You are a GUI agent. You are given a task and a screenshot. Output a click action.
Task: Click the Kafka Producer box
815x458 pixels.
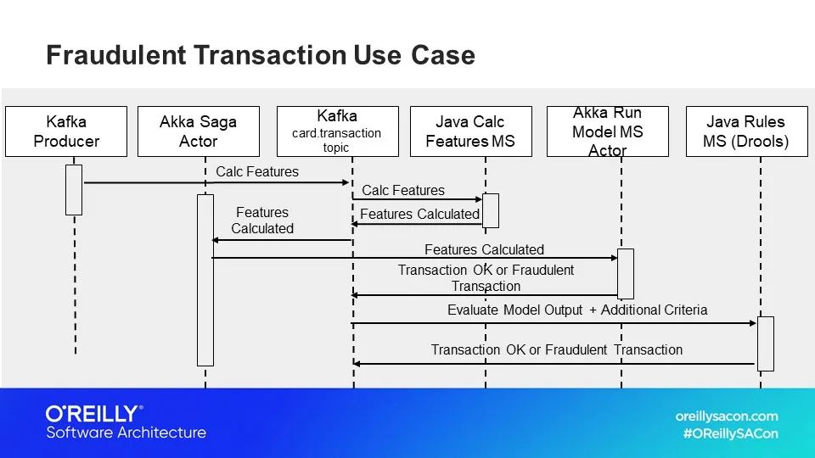click(66, 131)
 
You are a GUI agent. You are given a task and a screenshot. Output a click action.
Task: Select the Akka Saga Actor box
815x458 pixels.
click(199, 131)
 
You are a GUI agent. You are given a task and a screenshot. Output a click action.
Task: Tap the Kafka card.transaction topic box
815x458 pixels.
click(337, 131)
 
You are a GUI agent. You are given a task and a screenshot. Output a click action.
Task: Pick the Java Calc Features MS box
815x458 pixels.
click(470, 131)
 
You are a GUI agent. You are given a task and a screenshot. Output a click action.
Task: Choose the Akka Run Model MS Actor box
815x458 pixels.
click(607, 131)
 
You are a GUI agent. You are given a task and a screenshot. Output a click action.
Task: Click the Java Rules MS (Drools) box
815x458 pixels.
click(745, 131)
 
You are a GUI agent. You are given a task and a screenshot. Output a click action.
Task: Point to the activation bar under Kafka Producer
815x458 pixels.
click(74, 189)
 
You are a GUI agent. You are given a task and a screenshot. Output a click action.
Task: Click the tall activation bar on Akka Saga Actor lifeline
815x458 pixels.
click(205, 280)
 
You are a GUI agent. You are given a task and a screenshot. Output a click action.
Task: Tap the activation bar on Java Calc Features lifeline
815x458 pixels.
click(491, 210)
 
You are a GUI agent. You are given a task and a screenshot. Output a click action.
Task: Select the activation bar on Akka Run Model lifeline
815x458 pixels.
click(626, 273)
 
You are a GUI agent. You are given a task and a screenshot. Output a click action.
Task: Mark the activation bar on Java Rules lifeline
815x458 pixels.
click(765, 343)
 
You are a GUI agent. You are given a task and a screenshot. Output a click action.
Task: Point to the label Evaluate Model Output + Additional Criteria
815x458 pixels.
click(576, 310)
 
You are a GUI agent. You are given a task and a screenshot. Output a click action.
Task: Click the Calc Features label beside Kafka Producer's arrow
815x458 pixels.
click(257, 172)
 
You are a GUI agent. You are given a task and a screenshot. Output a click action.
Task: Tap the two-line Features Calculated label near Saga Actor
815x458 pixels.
click(262, 221)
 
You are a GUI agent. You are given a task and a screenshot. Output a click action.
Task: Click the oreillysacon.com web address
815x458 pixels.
click(726, 416)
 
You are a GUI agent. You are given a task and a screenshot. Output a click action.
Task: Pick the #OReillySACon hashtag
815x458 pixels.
click(730, 433)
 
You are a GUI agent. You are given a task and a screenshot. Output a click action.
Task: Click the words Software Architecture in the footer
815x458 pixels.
click(126, 433)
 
